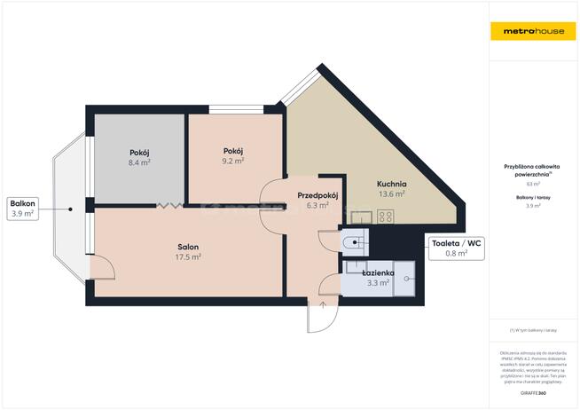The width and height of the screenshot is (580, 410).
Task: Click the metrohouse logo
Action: (x=534, y=31)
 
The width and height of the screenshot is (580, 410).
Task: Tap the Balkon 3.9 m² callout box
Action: (x=22, y=208)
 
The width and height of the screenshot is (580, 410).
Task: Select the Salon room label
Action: (x=187, y=247)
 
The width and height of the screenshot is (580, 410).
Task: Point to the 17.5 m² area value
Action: (x=187, y=257)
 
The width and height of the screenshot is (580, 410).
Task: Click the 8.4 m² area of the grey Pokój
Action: (x=139, y=163)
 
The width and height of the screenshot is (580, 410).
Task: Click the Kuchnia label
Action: (x=391, y=183)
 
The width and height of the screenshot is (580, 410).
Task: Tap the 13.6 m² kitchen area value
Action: (x=391, y=193)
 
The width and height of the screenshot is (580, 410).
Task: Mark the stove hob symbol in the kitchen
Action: (x=386, y=215)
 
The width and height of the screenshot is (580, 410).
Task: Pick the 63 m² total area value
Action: (x=533, y=184)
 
